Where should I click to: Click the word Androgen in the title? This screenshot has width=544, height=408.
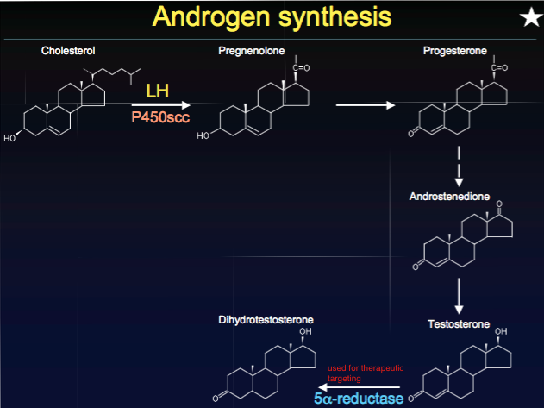[x=209, y=16]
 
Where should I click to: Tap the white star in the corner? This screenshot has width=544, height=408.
[x=528, y=16]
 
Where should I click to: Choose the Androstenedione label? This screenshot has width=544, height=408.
[x=449, y=197]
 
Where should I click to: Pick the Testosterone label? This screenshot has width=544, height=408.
[x=459, y=324]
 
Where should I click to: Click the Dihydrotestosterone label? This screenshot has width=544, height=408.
[x=266, y=321]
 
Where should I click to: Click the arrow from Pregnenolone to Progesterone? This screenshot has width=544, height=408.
[x=365, y=105]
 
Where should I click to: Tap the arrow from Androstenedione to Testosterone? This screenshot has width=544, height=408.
[x=460, y=295]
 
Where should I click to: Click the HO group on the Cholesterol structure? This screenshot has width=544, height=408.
[x=9, y=137]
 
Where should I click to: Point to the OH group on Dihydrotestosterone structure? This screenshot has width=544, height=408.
[x=305, y=332]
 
